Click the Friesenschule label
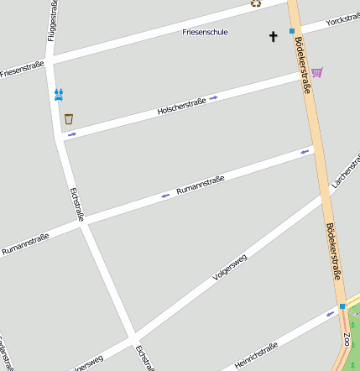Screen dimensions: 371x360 (206, 32)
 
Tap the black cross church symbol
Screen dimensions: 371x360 (273, 36)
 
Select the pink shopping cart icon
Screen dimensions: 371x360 (316, 73)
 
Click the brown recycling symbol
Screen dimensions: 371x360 (256, 3)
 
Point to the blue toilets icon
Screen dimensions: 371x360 (59, 94)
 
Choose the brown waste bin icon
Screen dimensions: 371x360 (68, 119)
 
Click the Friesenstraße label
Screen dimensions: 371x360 (22, 68)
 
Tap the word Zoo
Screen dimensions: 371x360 (347, 340)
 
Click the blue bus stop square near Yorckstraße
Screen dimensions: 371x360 (292, 31)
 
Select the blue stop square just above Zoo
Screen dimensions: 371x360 (342, 306)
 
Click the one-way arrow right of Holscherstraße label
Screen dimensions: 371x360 (214, 97)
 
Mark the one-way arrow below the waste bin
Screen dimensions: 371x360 (71, 134)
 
